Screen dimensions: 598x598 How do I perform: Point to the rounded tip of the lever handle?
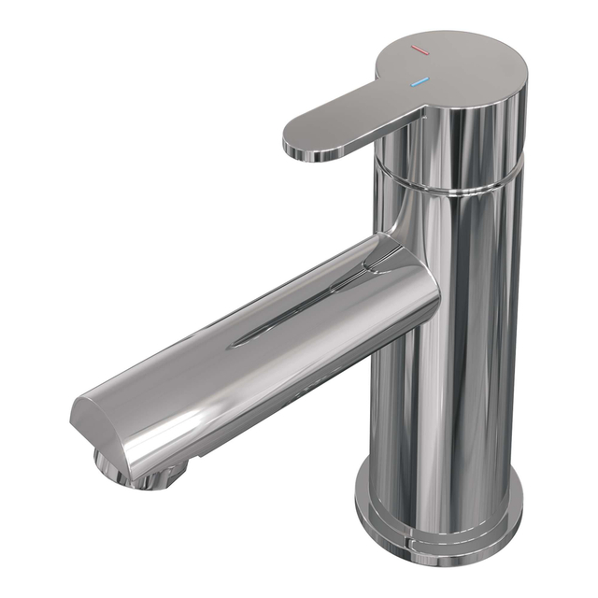point(297,143)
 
